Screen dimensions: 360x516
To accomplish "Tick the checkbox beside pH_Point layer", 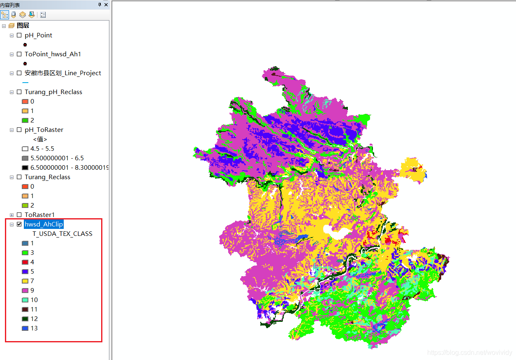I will [19, 35].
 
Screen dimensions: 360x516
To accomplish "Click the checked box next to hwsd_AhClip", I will [19, 224].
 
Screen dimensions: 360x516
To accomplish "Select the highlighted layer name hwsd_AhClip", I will [44, 224].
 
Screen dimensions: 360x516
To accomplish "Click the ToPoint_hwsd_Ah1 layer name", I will [53, 54].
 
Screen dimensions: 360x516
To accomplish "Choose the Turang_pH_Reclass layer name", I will [53, 92].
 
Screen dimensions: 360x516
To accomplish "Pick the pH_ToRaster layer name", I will [44, 130].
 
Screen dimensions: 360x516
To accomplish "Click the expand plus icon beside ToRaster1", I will [12, 215].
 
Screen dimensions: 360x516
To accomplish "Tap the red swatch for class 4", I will [25, 262].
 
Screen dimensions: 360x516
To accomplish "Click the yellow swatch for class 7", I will [25, 281].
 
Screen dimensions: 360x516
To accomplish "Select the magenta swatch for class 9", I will [25, 291].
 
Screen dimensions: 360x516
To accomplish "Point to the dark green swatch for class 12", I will [25, 319].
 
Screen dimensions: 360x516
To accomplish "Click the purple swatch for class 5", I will [25, 272].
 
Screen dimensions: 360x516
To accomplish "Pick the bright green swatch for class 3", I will [25, 253].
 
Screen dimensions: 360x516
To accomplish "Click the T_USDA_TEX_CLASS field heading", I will [62, 234].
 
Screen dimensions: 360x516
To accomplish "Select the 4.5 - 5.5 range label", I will [42, 149].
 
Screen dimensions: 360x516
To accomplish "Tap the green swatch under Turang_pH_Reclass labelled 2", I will [25, 120].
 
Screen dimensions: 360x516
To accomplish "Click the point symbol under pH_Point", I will [25, 45].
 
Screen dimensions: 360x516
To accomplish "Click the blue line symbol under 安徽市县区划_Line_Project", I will [25, 83].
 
